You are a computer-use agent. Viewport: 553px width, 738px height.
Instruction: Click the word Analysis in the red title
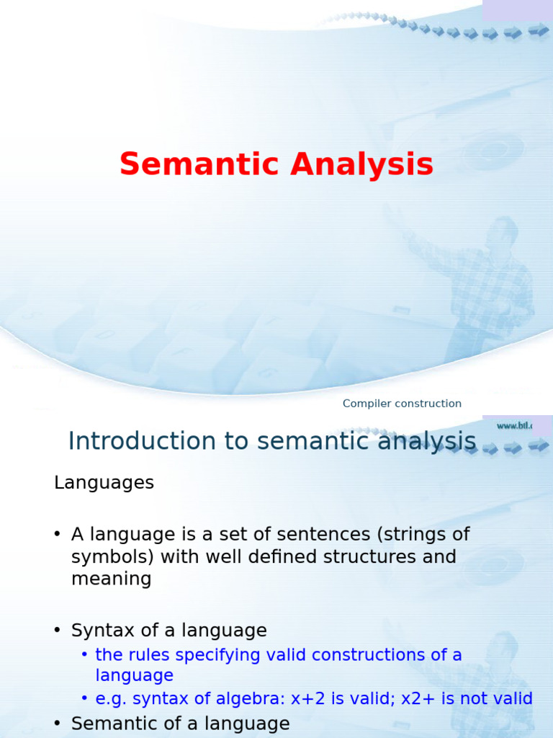click(361, 164)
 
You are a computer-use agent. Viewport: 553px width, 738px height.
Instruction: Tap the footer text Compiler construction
click(402, 404)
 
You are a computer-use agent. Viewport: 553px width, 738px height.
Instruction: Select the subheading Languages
click(104, 483)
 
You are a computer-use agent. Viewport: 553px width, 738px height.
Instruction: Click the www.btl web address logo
click(514, 426)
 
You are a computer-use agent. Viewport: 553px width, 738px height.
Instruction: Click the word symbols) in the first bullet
click(112, 557)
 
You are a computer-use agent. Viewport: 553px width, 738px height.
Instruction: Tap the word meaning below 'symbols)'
click(111, 579)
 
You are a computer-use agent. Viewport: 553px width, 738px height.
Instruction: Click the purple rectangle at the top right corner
click(517, 10)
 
